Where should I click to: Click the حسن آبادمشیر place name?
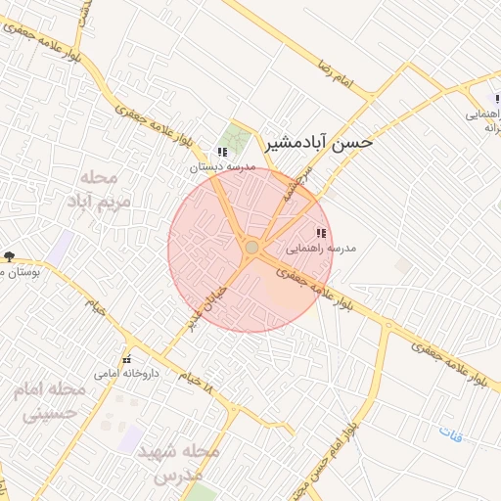click(x=319, y=143)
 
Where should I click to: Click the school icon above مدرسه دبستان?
click(x=222, y=153)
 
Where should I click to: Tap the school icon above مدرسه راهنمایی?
click(x=321, y=233)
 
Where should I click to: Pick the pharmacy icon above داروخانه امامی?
click(x=126, y=359)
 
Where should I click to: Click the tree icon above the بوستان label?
click(x=9, y=256)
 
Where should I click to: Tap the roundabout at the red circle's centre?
click(x=251, y=248)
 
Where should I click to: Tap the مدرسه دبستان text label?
click(x=223, y=167)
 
